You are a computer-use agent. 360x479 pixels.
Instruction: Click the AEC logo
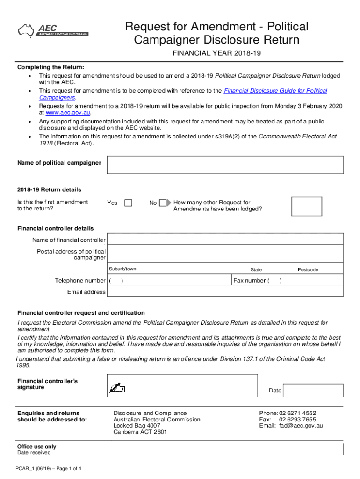coord(52,31)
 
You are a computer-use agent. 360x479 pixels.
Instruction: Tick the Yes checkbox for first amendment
coord(128,203)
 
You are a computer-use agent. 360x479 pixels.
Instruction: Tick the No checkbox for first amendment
coord(162,203)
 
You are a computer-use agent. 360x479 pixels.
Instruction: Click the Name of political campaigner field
coord(225,165)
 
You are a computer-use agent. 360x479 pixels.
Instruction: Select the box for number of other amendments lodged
coord(306,206)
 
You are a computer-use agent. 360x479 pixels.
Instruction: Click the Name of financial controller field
coord(225,240)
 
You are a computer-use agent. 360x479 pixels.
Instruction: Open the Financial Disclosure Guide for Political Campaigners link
coord(275,91)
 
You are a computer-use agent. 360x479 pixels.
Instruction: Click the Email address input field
coord(225,292)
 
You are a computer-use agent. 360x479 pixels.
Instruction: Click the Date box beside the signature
coord(313,391)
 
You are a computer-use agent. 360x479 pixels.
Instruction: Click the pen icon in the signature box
coord(117,388)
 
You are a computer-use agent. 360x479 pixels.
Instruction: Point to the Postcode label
coord(308,270)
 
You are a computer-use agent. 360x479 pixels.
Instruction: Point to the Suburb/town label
coord(122,269)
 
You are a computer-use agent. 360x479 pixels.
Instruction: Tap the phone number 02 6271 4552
coord(297,413)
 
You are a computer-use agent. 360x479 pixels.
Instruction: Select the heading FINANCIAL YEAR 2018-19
coord(216,54)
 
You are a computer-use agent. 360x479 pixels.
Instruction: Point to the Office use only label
coord(36,447)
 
